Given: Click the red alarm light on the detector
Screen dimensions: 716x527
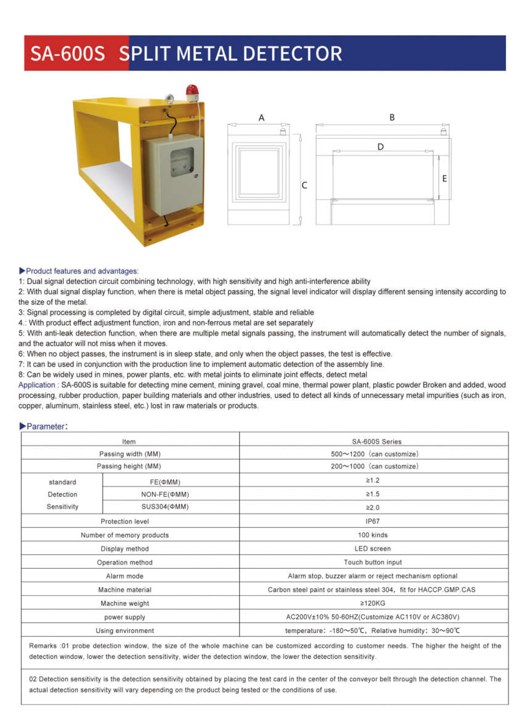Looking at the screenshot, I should [x=192, y=92].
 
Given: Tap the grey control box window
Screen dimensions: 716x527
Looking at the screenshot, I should [x=182, y=162].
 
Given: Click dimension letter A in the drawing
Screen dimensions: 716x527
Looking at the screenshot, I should [x=261, y=118].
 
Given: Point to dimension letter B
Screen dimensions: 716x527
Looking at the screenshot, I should [x=392, y=118].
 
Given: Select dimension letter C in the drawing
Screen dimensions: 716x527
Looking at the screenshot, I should [x=304, y=185].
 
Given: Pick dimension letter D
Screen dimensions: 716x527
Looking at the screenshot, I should [x=380, y=147].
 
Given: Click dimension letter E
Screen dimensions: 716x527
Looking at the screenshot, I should [x=444, y=179].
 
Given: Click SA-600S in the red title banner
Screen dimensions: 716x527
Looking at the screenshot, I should [x=67, y=54].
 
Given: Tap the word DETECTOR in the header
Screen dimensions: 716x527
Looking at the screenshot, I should [x=292, y=54].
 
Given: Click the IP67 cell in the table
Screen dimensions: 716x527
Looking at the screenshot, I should [x=372, y=521].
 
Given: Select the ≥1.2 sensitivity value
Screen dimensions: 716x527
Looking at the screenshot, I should [x=372, y=480].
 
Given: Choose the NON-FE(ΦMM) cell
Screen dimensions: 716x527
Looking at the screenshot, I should [x=165, y=494].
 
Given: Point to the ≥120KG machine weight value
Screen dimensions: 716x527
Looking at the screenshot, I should [x=372, y=603].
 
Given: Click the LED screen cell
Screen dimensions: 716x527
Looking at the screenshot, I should [x=372, y=549].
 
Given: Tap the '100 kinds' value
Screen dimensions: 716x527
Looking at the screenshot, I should [x=372, y=535].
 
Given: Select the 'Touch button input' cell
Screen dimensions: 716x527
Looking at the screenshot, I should [x=372, y=562].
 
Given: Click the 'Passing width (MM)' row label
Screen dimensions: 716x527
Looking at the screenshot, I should [x=130, y=454].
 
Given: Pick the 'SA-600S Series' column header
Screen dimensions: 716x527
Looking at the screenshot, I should [x=376, y=441].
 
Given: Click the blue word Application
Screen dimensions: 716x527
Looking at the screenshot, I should [x=37, y=385].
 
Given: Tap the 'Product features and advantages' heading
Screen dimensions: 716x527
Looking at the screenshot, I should [x=82, y=271].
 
